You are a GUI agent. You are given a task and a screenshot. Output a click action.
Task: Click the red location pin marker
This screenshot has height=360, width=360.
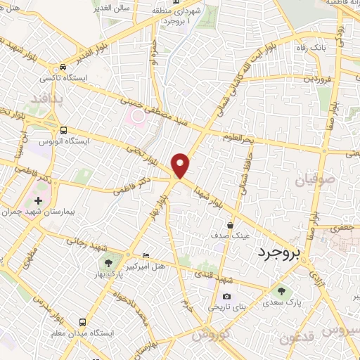tap(181, 164)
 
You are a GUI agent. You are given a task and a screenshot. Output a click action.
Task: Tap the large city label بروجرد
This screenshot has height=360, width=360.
tap(278, 252)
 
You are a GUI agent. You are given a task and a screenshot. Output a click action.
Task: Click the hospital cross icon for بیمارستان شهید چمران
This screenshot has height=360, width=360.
tap(38, 200)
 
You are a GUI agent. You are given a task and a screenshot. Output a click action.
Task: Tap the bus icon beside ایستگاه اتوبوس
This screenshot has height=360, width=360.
tap(64, 131)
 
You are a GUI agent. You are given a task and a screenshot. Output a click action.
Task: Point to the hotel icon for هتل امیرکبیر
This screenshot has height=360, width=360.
tap(146, 256)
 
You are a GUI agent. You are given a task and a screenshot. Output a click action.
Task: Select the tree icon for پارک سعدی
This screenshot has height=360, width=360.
tap(282, 291)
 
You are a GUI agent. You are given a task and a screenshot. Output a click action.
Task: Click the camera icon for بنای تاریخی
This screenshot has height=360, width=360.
tap(226, 297)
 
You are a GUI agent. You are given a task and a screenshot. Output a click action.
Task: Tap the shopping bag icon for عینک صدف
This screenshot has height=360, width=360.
tap(231, 226)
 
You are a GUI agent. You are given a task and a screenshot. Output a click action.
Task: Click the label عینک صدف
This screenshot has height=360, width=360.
tap(232, 237)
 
